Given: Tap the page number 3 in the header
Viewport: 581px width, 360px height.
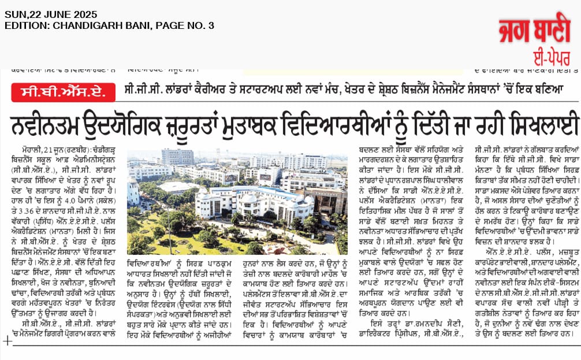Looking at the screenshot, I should point(211,25).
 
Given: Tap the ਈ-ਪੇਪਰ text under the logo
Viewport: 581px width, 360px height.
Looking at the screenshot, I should point(548,57).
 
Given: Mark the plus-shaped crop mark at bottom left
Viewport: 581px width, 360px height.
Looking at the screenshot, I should point(7,341).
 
